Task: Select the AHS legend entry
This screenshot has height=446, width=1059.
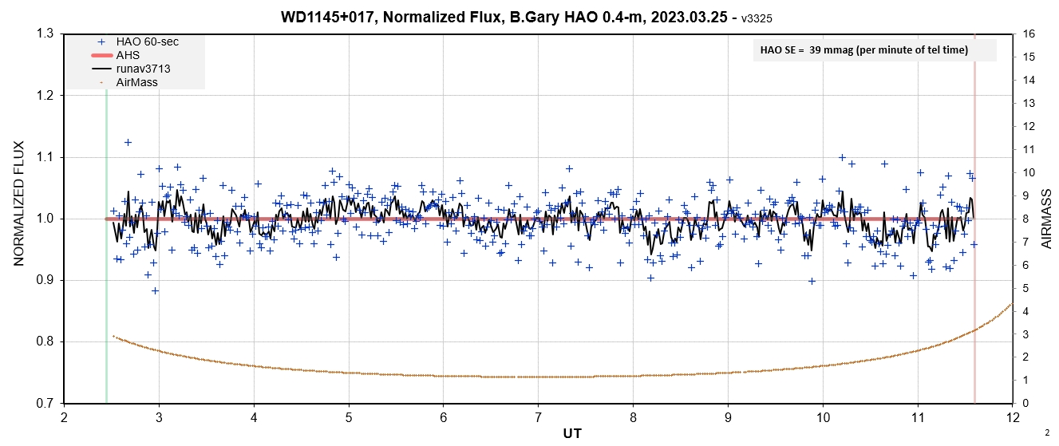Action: [x=128, y=55]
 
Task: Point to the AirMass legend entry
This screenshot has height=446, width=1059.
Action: [x=136, y=82]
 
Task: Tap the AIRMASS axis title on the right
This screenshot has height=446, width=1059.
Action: [x=1046, y=219]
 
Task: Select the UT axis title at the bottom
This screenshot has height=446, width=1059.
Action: [x=538, y=433]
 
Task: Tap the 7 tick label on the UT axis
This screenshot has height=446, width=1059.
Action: [x=538, y=416]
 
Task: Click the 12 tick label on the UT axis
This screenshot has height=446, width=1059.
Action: [x=1012, y=416]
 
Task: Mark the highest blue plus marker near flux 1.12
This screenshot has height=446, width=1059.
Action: [x=128, y=142]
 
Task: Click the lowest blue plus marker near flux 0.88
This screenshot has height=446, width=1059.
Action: [x=155, y=290]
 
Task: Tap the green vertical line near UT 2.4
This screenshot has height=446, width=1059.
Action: [x=106, y=239]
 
